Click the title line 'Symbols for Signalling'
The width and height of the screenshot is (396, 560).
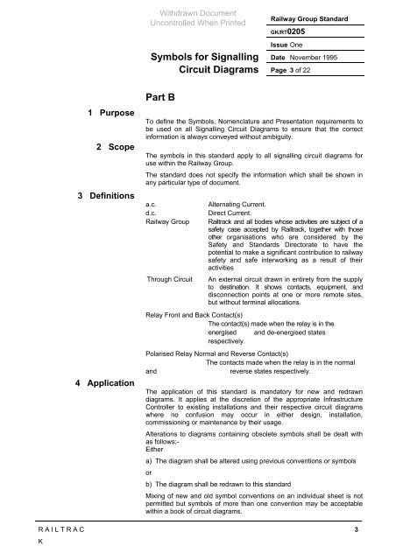click(x=206, y=59)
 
